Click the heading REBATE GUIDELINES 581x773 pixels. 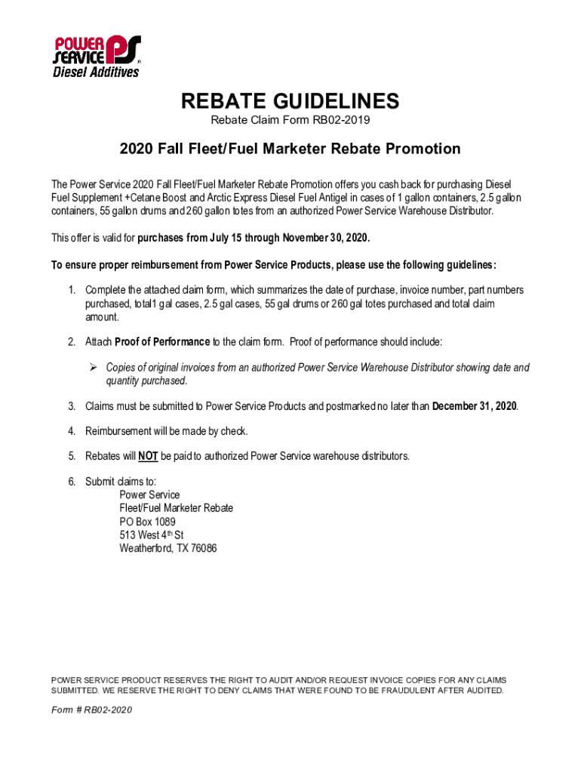290,101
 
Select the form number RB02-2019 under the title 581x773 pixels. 342,120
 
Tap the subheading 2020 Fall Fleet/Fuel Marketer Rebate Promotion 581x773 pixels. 290,149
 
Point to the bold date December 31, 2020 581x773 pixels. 475,406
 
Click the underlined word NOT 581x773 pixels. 148,456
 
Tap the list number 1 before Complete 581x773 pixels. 72,290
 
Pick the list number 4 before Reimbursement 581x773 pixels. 72,431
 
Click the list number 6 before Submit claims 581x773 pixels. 72,482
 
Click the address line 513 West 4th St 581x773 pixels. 152,535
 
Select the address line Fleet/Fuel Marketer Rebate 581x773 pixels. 176,508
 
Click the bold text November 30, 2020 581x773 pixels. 325,238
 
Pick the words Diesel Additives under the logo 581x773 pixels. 95,72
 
